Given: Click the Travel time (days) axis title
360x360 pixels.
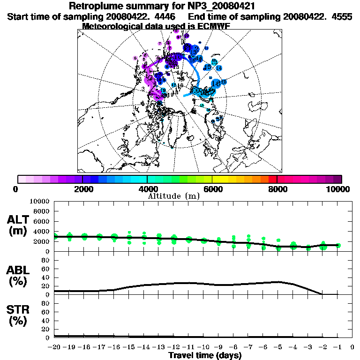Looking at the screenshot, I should click(x=205, y=356).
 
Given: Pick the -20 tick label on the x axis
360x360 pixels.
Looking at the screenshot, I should click(x=54, y=347).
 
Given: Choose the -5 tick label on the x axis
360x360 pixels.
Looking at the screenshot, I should click(x=278, y=347).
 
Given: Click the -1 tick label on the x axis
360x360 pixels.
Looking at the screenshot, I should click(x=337, y=347).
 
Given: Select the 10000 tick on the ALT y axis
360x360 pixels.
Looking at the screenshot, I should click(x=39, y=201).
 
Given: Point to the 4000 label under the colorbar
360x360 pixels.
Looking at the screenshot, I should click(x=147, y=189).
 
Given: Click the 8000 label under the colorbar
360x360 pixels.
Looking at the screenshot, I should click(x=277, y=189).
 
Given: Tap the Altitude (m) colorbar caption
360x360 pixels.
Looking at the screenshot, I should click(x=173, y=196).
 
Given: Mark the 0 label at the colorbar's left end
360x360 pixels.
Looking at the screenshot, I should click(x=17, y=189).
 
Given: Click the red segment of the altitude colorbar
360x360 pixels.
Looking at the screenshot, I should click(x=272, y=179).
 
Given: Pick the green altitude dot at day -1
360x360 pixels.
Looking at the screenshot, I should click(x=338, y=245).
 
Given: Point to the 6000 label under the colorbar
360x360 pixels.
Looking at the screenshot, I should click(x=212, y=189).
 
